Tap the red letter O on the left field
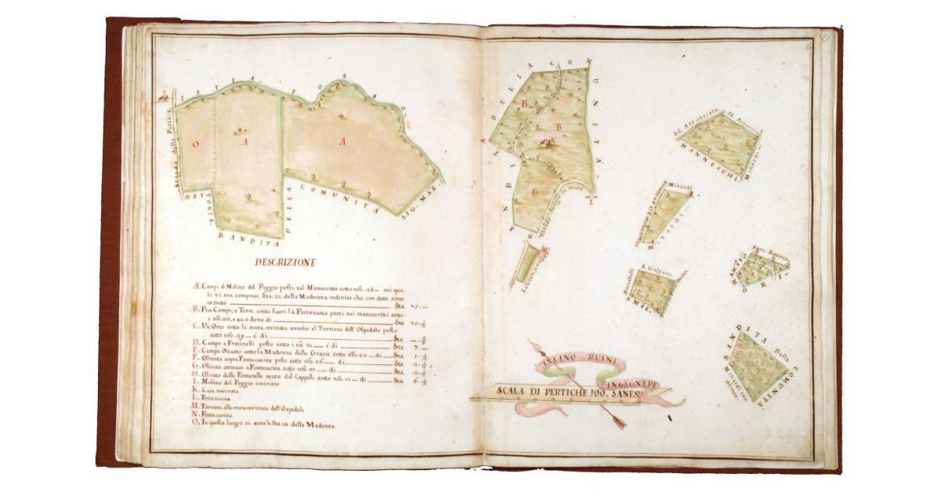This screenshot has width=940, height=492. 197,143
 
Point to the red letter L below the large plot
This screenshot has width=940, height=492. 591,201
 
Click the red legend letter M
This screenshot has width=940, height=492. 196,407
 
